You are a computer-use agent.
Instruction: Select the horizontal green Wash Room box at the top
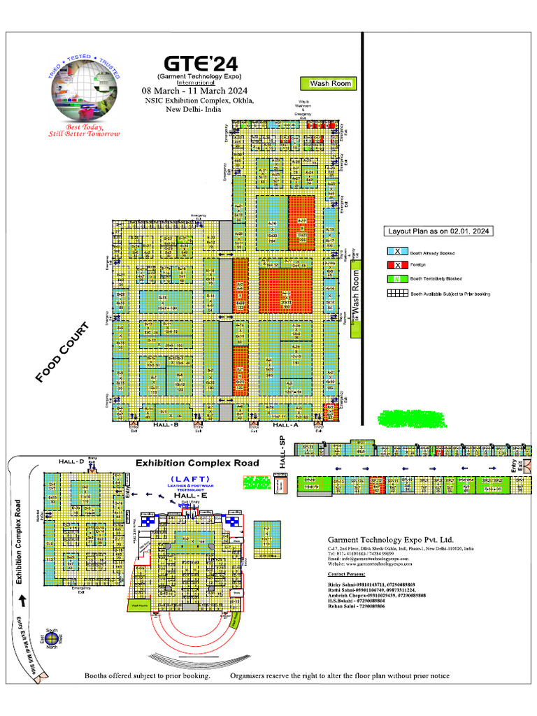pos(328,84)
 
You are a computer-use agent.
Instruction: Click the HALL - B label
pos(166,425)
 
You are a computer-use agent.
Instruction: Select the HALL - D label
pos(71,462)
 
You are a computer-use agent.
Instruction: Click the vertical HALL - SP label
pos(283,452)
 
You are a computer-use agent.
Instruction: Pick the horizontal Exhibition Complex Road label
pos(197,463)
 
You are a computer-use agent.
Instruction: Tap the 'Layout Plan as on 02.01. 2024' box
pos(438,231)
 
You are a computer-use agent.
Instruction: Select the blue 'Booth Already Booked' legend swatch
pos(397,252)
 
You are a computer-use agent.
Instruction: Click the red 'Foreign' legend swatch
pos(397,266)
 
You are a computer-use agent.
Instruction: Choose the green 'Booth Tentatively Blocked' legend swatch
pos(397,280)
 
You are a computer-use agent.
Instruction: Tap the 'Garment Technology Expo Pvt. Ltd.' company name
pos(391,540)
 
